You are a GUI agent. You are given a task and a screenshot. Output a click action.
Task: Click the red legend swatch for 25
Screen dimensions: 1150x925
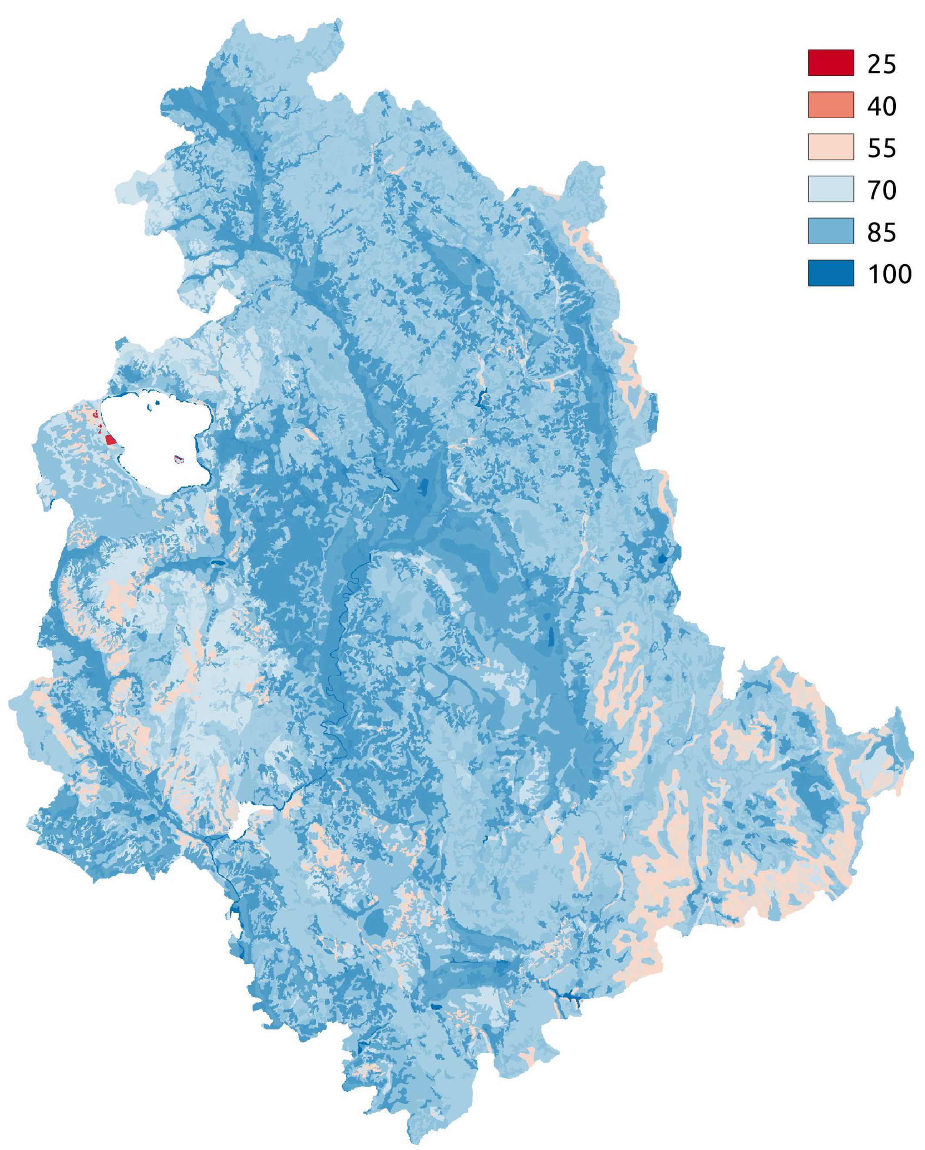click(x=831, y=63)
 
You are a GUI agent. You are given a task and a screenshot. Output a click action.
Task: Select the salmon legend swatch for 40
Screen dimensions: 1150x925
click(x=831, y=105)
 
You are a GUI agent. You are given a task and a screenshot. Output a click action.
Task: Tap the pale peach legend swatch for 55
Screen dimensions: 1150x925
click(x=831, y=147)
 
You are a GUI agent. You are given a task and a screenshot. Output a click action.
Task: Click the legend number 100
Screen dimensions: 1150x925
click(x=889, y=275)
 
